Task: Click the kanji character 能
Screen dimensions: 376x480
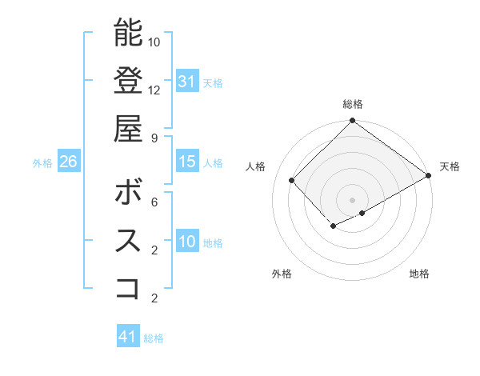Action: click(x=128, y=33)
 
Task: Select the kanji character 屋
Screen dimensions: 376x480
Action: click(x=128, y=128)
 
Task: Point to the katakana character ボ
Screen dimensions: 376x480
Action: click(x=128, y=192)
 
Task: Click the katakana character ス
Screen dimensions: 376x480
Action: click(x=128, y=241)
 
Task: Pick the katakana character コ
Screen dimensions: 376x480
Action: click(x=128, y=288)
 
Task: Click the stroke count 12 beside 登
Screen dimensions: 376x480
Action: click(x=154, y=90)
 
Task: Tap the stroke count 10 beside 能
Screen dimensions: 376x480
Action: click(x=154, y=42)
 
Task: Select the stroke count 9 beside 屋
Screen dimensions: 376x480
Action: click(x=154, y=138)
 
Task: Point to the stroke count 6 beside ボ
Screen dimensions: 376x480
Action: click(x=154, y=202)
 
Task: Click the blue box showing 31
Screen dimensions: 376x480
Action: click(x=187, y=81)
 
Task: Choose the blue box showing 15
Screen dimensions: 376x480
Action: click(x=187, y=162)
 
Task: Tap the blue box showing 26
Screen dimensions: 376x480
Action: click(x=68, y=162)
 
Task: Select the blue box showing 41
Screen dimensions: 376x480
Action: click(x=128, y=337)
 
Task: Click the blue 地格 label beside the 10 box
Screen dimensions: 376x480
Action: click(x=213, y=242)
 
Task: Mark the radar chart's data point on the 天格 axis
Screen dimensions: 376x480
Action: click(x=429, y=176)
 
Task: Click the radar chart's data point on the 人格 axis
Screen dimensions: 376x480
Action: click(x=292, y=180)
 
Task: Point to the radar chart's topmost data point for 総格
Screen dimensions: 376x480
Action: click(x=352, y=122)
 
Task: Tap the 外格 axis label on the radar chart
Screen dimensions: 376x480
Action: click(x=282, y=274)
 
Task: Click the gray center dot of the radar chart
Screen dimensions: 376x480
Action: click(x=352, y=199)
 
